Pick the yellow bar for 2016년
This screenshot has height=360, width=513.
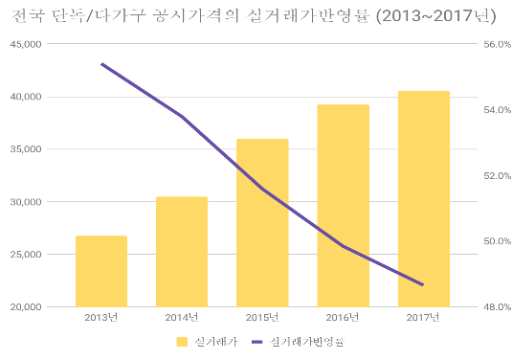click(x=343, y=206)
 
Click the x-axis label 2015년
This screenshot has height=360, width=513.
click(x=262, y=318)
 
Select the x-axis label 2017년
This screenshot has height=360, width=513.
click(x=423, y=318)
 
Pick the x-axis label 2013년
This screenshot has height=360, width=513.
click(x=101, y=318)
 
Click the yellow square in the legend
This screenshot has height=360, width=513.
click(x=182, y=341)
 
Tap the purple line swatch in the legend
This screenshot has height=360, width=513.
click(x=256, y=341)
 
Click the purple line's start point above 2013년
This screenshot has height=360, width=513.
click(x=101, y=64)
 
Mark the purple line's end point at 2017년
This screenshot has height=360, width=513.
click(x=423, y=284)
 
